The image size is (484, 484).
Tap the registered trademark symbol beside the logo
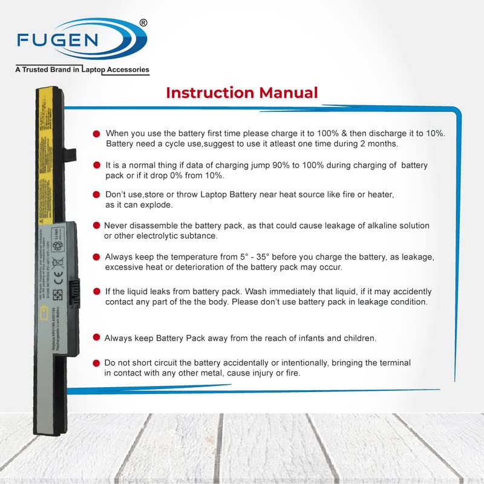point(143,23)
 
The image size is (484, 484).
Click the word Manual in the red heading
point(288,93)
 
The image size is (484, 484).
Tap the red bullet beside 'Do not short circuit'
point(96,363)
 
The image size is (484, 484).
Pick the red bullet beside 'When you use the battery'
point(97,133)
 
